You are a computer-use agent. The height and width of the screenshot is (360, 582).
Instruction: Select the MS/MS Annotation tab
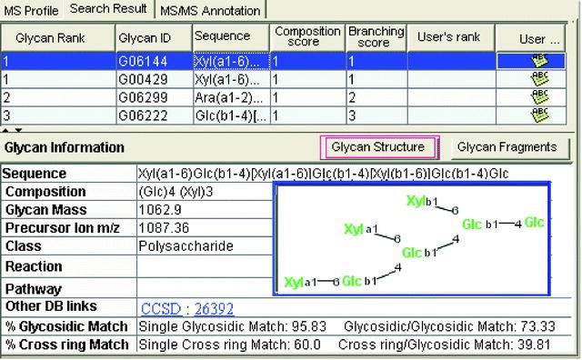pyautogui.click(x=209, y=11)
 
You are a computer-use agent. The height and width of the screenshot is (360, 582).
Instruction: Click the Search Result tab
pyautogui.click(x=109, y=10)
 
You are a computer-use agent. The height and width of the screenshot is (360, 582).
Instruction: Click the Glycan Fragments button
pyautogui.click(x=507, y=146)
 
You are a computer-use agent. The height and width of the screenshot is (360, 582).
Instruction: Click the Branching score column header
pyautogui.click(x=376, y=36)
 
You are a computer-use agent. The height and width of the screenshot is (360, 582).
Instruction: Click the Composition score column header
pyautogui.click(x=308, y=36)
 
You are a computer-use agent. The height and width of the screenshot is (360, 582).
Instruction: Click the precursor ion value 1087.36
pyautogui.click(x=160, y=227)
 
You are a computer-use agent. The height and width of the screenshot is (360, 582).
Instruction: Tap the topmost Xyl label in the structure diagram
pyautogui.click(x=416, y=201)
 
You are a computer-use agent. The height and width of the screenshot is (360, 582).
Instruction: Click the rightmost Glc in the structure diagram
pyautogui.click(x=534, y=223)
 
